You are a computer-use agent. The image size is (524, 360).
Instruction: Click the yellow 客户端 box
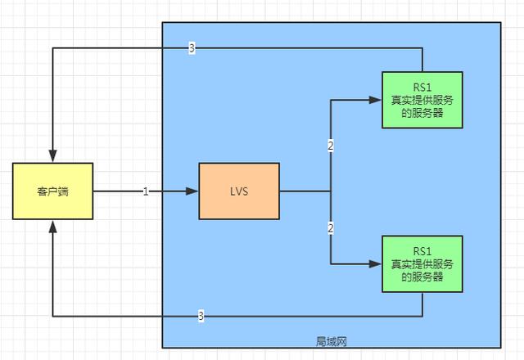52,191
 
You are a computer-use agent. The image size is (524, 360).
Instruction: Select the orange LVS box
238,191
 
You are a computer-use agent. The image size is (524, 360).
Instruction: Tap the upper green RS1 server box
422,100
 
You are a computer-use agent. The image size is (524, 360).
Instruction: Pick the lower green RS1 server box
422,263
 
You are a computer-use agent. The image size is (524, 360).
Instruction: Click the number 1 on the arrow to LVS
146,191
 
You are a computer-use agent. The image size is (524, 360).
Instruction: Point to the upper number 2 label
330,146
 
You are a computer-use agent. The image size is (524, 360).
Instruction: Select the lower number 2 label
330,227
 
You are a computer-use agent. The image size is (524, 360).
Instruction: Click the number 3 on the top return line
192,49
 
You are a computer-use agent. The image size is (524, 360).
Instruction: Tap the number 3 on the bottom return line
201,316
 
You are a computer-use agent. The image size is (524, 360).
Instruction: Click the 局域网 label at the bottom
331,341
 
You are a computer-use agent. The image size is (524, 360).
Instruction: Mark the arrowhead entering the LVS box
193,191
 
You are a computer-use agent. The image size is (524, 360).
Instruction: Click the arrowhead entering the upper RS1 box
376,100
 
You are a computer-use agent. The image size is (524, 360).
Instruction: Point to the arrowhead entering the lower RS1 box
376,263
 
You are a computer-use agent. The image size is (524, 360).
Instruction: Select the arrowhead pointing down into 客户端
52,157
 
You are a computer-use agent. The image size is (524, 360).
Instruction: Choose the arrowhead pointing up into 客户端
52,226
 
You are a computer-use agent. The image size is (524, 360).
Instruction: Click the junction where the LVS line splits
330,191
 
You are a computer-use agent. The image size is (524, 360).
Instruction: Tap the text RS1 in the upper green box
422,88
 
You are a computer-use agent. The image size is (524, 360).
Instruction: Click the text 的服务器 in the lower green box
422,277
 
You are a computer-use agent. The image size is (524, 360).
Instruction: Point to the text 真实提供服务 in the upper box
422,100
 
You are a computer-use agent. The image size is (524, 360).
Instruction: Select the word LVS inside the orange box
238,191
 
